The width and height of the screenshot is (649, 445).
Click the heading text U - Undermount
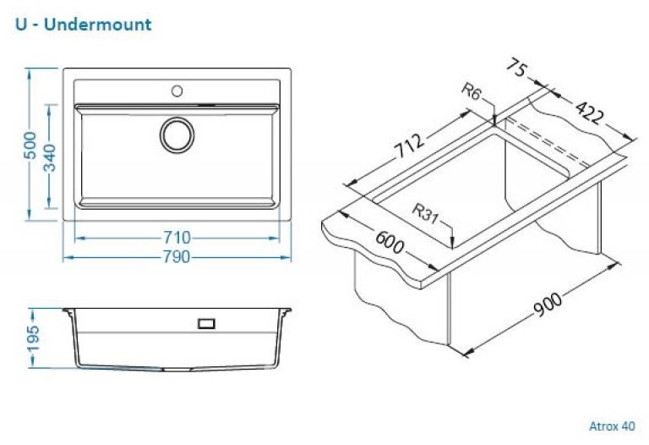[x=84, y=24]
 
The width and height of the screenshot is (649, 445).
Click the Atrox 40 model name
[x=612, y=426]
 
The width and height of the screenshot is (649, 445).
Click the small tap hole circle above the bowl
[x=177, y=90]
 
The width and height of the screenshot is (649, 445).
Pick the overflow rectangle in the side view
[x=206, y=323]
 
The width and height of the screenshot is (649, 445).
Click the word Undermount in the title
[x=97, y=24]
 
